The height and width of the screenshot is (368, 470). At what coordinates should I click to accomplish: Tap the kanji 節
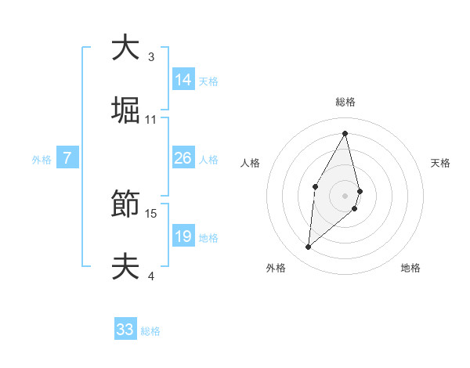pyautogui.click(x=125, y=206)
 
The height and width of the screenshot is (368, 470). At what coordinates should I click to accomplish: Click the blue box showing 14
pyautogui.click(x=183, y=80)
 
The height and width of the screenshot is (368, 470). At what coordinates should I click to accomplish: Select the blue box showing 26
pyautogui.click(x=183, y=158)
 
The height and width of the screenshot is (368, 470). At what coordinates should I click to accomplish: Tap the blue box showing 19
pyautogui.click(x=183, y=236)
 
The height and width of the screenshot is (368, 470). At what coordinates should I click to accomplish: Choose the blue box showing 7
pyautogui.click(x=67, y=158)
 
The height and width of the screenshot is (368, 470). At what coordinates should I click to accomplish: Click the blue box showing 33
pyautogui.click(x=125, y=330)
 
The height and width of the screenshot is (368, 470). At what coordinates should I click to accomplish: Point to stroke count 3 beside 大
pyautogui.click(x=151, y=56)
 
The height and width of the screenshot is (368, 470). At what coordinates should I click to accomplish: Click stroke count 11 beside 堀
pyautogui.click(x=151, y=119)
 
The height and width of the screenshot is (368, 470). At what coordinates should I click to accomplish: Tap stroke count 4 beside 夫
pyautogui.click(x=151, y=276)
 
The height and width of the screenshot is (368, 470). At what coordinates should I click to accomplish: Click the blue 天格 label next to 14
pyautogui.click(x=208, y=81)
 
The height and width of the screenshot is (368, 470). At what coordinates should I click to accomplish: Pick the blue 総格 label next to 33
pyautogui.click(x=150, y=331)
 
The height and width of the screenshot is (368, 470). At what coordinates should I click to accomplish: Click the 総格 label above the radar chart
pyautogui.click(x=345, y=102)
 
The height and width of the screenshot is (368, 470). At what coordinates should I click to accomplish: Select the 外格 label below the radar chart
pyautogui.click(x=276, y=268)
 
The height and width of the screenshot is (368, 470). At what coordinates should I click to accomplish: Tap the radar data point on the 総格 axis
pyautogui.click(x=345, y=132)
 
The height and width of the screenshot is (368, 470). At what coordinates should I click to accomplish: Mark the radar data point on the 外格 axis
pyautogui.click(x=309, y=247)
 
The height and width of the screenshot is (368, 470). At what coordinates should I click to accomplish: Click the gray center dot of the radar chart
pyautogui.click(x=345, y=195)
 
